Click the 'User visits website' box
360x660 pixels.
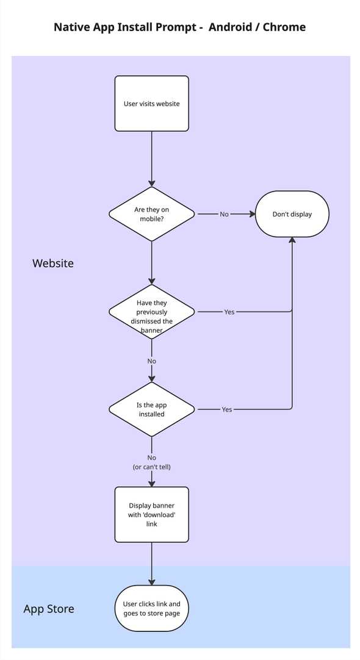152,104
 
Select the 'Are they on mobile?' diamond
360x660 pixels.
152,214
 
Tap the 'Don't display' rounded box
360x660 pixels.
292,214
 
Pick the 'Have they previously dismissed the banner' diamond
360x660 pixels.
152,312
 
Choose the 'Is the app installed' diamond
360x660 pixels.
152,409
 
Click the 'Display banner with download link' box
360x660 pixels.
152,515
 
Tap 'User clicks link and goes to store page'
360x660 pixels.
152,608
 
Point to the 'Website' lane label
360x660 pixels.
53,264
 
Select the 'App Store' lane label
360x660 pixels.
49,609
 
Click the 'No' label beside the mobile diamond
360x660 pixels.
225,214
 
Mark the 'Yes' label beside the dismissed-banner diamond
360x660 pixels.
229,312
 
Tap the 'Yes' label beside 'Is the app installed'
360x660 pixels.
227,409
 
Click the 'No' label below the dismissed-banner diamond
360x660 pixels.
152,361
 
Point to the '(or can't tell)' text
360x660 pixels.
152,467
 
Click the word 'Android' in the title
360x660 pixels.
231,27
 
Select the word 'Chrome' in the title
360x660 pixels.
284,27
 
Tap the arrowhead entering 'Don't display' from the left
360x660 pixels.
251,214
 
